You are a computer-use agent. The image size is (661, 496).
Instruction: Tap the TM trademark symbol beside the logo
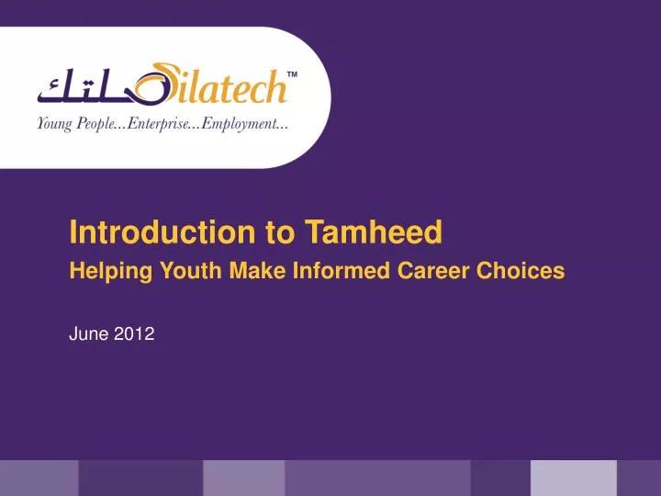point(293,74)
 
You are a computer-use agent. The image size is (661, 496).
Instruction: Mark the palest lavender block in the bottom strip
point(573,478)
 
